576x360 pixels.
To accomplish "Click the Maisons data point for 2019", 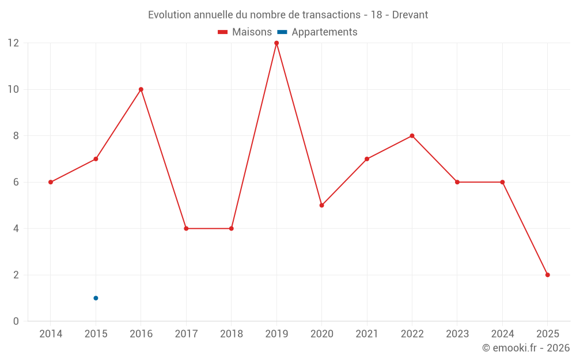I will pyautogui.click(x=276, y=43).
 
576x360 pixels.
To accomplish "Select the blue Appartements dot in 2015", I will pyautogui.click(x=96, y=298).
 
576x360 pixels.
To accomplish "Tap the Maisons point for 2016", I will pyautogui.click(x=141, y=89).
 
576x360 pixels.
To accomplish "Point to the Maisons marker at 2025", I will pyautogui.click(x=547, y=275).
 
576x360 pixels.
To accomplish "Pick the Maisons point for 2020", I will pyautogui.click(x=321, y=205).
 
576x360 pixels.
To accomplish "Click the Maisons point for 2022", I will pyautogui.click(x=412, y=136).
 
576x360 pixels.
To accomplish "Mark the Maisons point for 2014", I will pyautogui.click(x=51, y=182).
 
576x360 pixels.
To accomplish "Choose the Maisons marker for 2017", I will pyautogui.click(x=186, y=229).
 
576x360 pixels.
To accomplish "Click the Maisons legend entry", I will pyautogui.click(x=245, y=32).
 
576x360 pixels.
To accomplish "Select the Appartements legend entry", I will pyautogui.click(x=317, y=32).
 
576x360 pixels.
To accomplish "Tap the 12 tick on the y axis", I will pyautogui.click(x=13, y=43).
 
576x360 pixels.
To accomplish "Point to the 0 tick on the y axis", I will pyautogui.click(x=16, y=321).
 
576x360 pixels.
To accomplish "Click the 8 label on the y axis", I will pyautogui.click(x=16, y=136).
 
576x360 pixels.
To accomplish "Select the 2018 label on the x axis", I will pyautogui.click(x=231, y=334).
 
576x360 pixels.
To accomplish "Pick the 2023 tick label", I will pyautogui.click(x=457, y=334).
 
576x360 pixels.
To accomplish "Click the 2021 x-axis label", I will pyautogui.click(x=367, y=334).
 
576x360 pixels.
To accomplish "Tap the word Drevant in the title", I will pyautogui.click(x=410, y=15).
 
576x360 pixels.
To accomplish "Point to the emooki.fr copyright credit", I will pyautogui.click(x=525, y=348).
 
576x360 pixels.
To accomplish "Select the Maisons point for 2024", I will pyautogui.click(x=502, y=182).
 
